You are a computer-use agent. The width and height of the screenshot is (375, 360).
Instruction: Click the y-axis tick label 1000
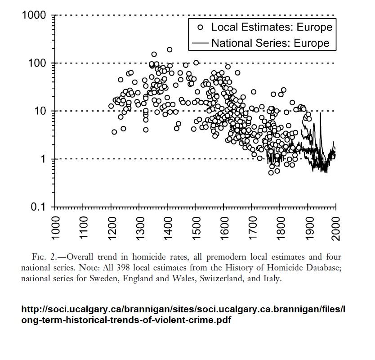coord(34,16)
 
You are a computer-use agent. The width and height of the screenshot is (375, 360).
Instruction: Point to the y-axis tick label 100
coord(37,63)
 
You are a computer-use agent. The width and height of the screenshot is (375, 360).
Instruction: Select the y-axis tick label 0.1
coord(39,207)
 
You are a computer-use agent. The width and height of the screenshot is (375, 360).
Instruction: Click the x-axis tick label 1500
coord(196,228)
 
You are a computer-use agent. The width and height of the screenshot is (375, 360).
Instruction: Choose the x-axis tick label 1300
coord(139,228)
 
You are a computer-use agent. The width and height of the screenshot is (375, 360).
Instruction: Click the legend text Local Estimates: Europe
coord(272,27)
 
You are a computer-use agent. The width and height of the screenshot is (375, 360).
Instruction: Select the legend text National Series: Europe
coord(270,43)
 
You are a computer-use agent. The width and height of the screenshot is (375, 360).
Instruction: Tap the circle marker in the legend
coord(201,27)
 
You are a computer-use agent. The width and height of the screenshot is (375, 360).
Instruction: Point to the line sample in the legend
coord(200,44)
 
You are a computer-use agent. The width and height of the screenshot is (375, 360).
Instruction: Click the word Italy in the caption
coord(272,279)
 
